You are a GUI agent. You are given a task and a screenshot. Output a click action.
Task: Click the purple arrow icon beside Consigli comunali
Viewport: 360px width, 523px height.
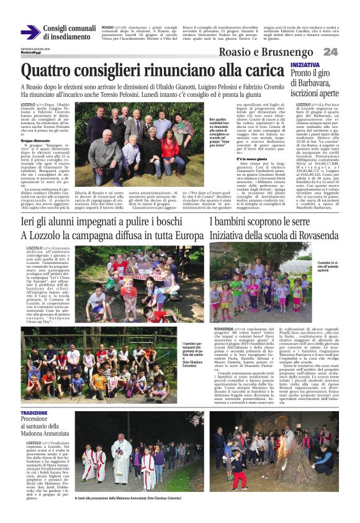30,33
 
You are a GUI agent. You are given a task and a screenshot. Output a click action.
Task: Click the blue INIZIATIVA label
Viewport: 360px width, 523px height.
305,65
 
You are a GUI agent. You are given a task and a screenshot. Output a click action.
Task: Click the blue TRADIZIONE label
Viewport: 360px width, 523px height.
34,413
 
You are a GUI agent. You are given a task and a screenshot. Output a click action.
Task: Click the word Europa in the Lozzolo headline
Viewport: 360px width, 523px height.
181,235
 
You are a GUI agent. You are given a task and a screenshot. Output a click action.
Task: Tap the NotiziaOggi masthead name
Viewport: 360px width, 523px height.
29,52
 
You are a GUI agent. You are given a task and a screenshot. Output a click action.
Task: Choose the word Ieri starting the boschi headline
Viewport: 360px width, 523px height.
29,222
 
